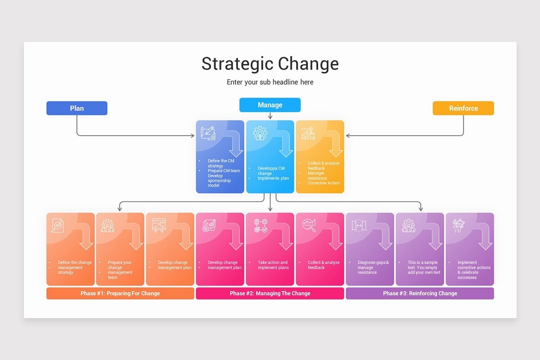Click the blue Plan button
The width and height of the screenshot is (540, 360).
(76, 108)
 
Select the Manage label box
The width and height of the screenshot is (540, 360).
(270, 105)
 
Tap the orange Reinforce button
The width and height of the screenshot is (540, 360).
(463, 108)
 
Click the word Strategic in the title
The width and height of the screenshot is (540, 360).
(237, 64)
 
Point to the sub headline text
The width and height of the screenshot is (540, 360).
(270, 82)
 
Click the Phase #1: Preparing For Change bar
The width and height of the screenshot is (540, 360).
(120, 293)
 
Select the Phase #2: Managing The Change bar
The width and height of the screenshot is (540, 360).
(270, 293)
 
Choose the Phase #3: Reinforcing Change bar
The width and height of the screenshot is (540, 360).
(420, 293)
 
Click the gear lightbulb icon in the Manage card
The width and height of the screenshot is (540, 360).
(260, 133)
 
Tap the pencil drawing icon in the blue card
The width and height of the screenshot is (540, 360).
(207, 133)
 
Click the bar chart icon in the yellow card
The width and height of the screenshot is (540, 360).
(308, 133)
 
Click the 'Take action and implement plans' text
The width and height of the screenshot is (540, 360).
(272, 265)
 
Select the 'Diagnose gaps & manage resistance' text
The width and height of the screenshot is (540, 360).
(373, 267)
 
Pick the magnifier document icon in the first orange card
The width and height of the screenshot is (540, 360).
(58, 225)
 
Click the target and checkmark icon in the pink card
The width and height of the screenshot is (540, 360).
(261, 225)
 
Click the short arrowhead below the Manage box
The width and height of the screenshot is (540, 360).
(270, 117)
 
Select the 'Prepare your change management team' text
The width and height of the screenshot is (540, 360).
(120, 270)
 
